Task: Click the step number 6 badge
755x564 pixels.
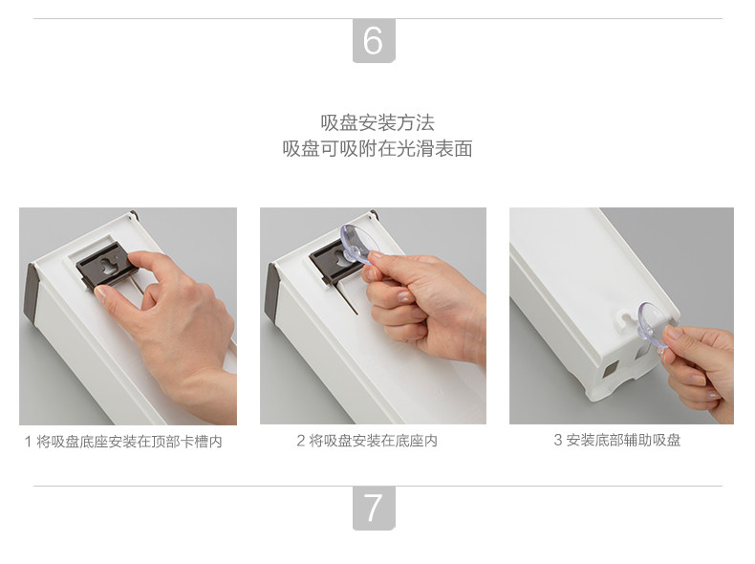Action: coord(374,40)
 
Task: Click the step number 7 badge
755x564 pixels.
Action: coord(374,508)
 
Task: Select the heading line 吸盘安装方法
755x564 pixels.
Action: coord(377,122)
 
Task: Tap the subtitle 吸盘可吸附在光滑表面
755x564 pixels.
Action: coord(377,148)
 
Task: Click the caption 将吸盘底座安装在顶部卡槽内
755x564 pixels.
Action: coord(129,442)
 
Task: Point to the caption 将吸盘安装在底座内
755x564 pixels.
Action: coord(373,441)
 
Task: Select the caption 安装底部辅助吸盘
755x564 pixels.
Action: coord(623,440)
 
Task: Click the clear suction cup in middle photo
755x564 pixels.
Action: coord(358,244)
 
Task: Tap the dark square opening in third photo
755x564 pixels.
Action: coord(610,369)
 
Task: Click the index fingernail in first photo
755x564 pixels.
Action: coord(101,292)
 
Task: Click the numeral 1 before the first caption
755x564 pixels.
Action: coord(28,442)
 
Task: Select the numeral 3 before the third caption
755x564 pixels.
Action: coord(557,440)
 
